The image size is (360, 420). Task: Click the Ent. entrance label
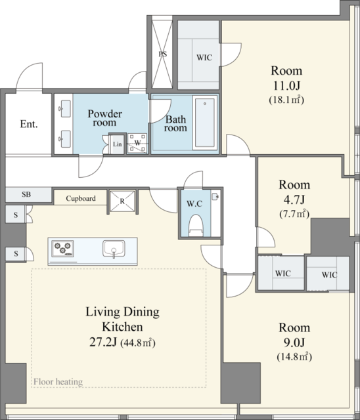pos(29,124)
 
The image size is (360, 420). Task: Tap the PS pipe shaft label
pos(162,54)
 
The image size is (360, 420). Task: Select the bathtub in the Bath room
pos(205,123)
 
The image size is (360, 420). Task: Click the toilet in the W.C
pos(195,226)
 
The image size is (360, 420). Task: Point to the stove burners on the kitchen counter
pos(62,248)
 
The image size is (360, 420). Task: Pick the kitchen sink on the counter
pos(114,249)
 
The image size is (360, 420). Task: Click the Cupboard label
pos(81,198)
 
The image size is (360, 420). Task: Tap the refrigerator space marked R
pos(122,201)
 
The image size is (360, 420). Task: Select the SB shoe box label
pos(26,194)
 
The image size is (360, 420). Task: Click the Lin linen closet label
pos(118,144)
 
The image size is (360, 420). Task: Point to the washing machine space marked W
pos(137,143)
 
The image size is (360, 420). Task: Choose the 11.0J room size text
pos(286,86)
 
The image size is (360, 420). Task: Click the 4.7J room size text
pos(294,199)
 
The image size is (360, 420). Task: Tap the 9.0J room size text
pos(294,343)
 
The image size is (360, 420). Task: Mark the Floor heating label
pos(58,382)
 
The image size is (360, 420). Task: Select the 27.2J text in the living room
pos(103,342)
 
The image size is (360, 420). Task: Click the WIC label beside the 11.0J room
pos(204,58)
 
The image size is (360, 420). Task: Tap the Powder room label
pos(105,118)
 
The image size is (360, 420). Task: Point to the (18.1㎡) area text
pos(286,100)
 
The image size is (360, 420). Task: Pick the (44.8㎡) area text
pos(138,343)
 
